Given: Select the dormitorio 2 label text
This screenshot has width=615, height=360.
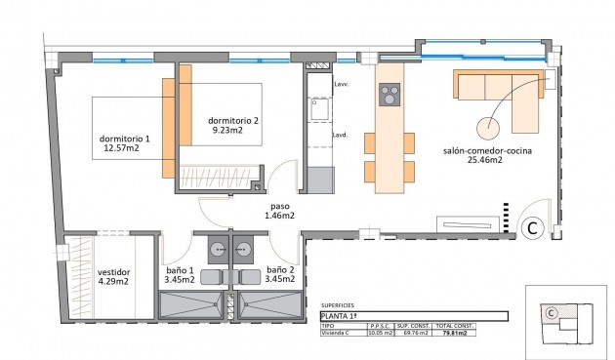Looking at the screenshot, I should (233, 126).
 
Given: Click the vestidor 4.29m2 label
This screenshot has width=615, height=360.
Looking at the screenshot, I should (113, 277).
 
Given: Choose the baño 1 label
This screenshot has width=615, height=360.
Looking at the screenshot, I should (179, 275).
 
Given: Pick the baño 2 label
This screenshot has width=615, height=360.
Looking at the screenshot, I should (279, 275).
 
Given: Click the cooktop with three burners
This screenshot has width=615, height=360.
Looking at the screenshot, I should (389, 96).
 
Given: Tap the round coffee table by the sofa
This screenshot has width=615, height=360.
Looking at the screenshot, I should (487, 127).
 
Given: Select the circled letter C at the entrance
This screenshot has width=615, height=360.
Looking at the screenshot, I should (533, 228).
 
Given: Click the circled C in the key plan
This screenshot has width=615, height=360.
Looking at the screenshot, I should (551, 313).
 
